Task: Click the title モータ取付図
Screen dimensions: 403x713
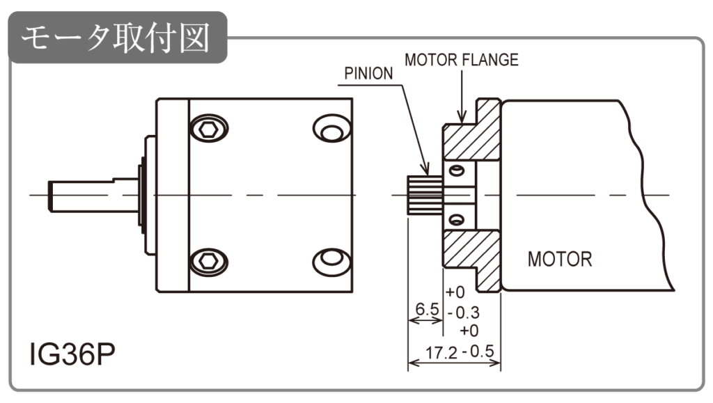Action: point(115,39)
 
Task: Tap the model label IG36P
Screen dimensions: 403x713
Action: point(72,355)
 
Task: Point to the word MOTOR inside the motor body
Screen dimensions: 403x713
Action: point(560,260)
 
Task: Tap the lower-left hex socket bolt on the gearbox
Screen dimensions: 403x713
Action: point(209,261)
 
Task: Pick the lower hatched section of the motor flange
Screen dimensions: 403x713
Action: point(471,254)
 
